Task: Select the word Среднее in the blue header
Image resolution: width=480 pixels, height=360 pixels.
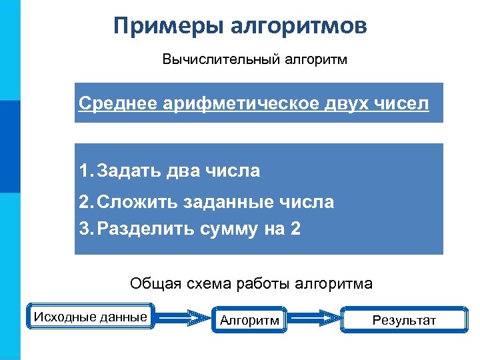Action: coord(116,104)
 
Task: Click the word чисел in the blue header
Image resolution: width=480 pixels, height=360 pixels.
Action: coord(400,104)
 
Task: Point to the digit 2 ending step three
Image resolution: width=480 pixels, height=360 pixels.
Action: coord(295,229)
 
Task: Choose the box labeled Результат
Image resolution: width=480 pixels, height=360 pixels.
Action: coord(403,321)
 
